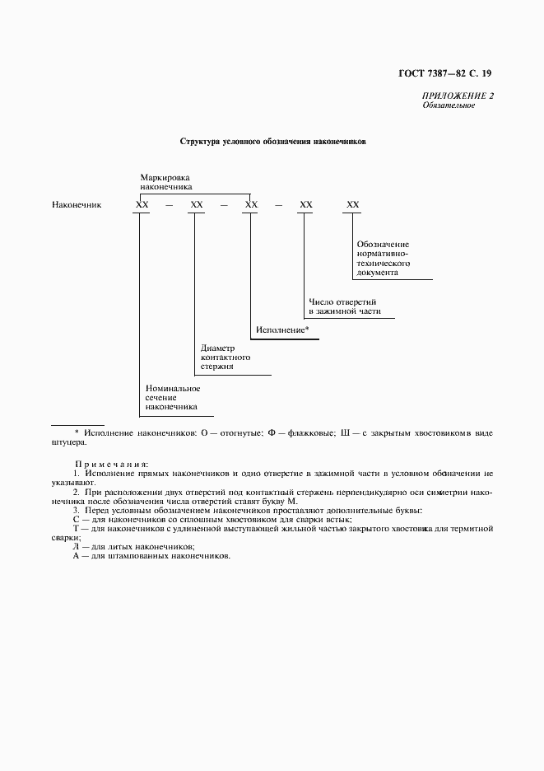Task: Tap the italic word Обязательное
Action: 449,105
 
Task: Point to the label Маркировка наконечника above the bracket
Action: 165,182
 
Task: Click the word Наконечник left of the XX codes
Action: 77,204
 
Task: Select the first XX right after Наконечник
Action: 142,204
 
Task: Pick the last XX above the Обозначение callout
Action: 353,204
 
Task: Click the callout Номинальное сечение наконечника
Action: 172,397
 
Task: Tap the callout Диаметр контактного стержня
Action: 226,357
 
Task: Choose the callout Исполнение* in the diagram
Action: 282,329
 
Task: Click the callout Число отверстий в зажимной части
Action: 344,307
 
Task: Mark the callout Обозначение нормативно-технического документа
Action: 384,258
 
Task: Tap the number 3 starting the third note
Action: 76,511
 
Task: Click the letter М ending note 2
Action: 294,501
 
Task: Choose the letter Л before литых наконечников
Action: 76,546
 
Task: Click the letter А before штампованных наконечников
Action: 76,556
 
